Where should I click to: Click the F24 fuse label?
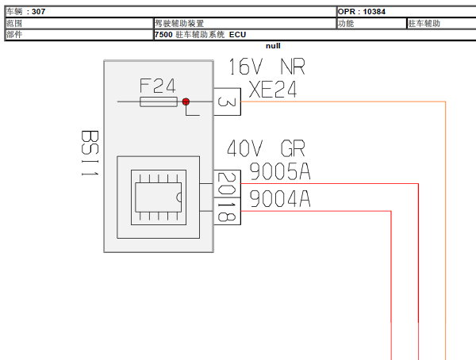coord(157,86)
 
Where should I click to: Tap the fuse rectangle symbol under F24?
coord(159,101)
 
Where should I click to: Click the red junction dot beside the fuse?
coord(186,101)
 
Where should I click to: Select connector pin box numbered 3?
coord(228,101)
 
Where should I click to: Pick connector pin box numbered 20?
coord(228,184)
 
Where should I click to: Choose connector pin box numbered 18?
coord(228,211)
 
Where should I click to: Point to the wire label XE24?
coord(273,90)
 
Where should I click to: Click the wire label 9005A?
coord(280,171)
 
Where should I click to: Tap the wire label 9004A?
coord(280,198)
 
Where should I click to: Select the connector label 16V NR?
coord(267,67)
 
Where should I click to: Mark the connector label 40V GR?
coord(266,148)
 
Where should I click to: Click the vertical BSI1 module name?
coord(90,153)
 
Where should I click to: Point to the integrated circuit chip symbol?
coord(159,197)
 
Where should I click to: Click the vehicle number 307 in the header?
coord(39,12)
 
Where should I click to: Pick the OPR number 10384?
coord(374,12)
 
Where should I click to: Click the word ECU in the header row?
coord(237,35)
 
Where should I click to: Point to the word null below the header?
coord(273,46)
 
